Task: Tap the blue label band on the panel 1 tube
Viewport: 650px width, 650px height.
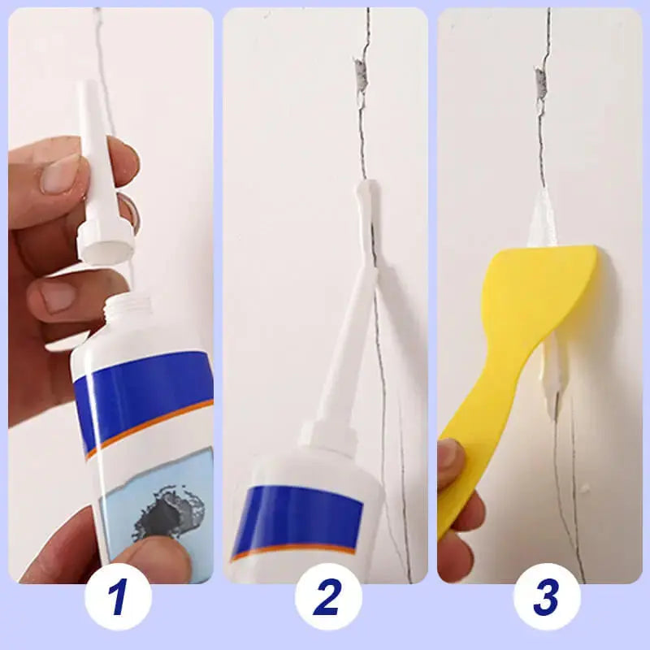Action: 138,390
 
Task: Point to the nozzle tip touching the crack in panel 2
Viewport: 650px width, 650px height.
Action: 363,195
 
